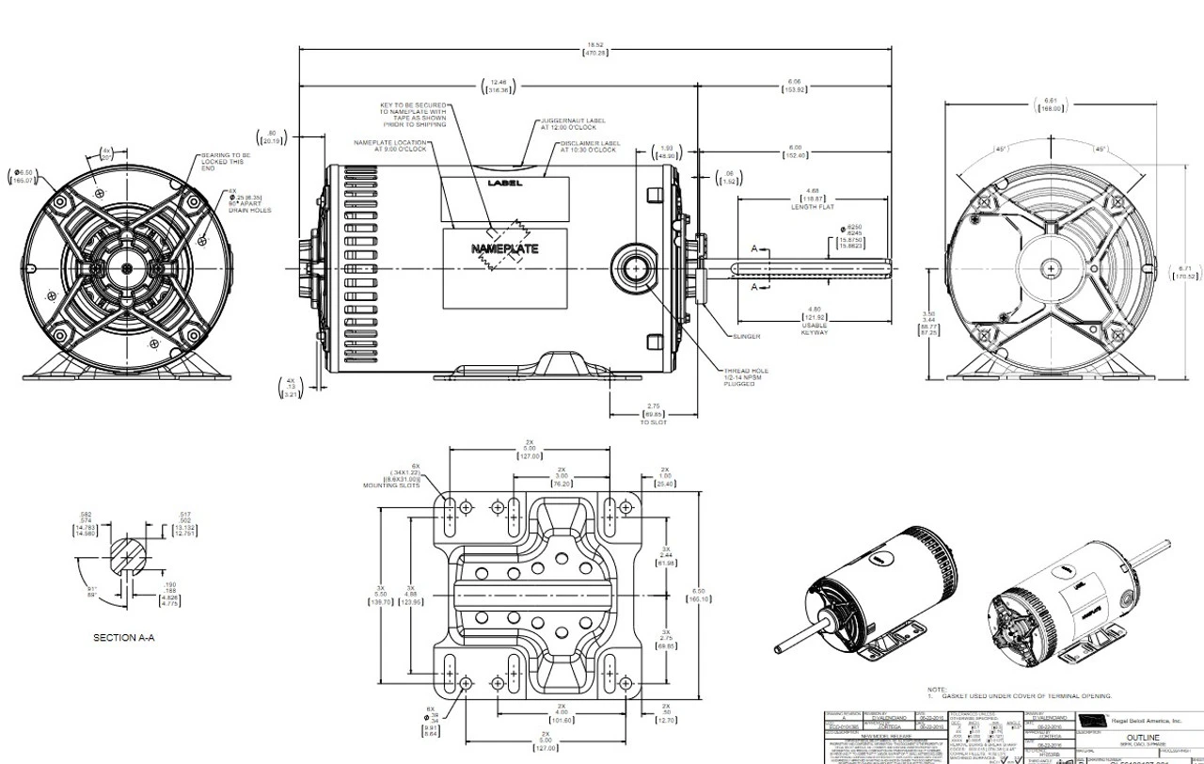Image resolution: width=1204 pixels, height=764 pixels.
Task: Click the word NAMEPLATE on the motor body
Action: (x=504, y=249)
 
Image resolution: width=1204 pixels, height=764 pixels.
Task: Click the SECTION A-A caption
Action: (x=123, y=637)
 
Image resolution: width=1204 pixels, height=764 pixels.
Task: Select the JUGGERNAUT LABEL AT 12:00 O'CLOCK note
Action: (x=573, y=124)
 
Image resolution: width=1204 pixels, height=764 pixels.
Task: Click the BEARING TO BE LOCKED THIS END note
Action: (x=226, y=161)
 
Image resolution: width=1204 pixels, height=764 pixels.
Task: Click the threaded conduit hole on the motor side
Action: (x=637, y=269)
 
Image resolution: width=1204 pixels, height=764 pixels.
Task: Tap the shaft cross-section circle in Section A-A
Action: (x=128, y=556)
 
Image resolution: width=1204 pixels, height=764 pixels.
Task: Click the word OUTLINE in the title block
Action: (x=1149, y=738)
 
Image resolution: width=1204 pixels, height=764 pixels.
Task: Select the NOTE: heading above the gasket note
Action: (x=937, y=690)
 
